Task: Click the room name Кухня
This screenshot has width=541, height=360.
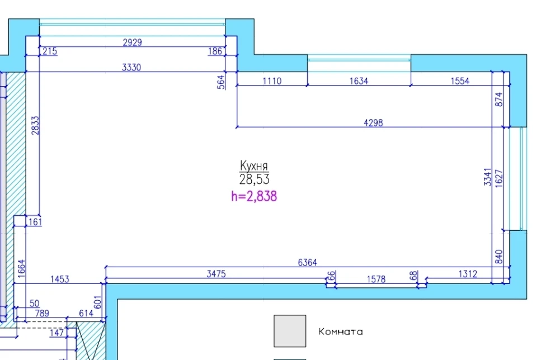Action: [254, 166]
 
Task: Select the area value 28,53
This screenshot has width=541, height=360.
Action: [255, 179]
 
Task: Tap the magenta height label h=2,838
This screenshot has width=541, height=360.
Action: [254, 196]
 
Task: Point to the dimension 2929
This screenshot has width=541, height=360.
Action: [133, 42]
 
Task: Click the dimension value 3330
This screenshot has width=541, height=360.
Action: [131, 67]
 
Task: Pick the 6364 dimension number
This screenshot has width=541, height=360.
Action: [307, 263]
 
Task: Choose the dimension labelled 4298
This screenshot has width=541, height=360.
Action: [373, 123]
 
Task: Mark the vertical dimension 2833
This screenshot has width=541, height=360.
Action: [35, 126]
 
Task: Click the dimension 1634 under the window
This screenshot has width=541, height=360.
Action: [359, 81]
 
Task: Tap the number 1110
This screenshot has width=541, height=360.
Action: [272, 81]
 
